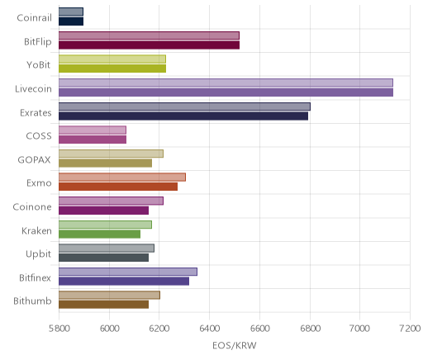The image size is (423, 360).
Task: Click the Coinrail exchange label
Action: coord(34,18)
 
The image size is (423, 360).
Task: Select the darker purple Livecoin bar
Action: coord(226,92)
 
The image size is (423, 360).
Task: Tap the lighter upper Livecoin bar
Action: coord(226,83)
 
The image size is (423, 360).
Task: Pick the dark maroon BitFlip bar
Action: coord(149,45)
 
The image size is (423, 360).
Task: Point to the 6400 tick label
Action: coord(210,329)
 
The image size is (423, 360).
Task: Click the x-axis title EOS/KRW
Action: coord(235,345)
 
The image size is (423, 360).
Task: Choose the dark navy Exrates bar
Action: coord(183,116)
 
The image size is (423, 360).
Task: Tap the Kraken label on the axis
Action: coord(36,230)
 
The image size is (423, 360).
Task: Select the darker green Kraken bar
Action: coord(99,234)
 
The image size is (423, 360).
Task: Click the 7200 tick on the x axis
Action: coord(410,329)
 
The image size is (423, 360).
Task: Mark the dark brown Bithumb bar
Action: coord(103,305)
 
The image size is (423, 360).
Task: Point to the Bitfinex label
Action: coord(35,277)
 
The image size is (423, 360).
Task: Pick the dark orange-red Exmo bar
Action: coord(118,187)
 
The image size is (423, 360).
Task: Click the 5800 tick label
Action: coord(59,329)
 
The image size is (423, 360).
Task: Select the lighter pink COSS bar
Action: coord(93,130)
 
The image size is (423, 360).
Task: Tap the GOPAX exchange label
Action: coord(34,160)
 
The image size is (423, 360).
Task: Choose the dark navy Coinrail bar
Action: coord(71,21)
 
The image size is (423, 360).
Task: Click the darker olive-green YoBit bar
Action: coord(112,69)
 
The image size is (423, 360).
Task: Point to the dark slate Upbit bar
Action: coord(103,258)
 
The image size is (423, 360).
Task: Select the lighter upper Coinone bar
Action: coord(111,201)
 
